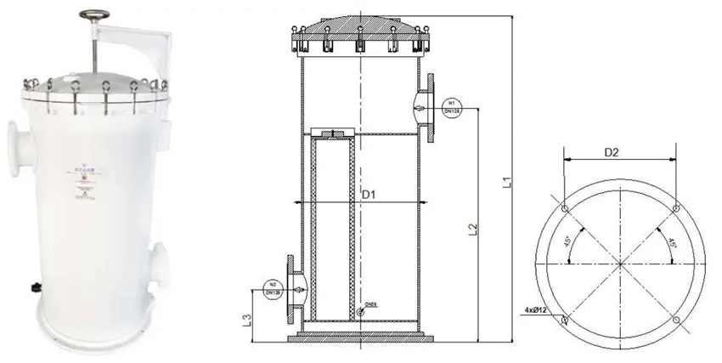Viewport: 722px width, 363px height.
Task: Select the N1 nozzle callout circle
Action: pyautogui.click(x=450, y=111)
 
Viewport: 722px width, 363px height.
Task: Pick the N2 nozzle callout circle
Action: pyautogui.click(x=273, y=288)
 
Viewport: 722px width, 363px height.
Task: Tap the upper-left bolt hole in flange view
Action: pyautogui.click(x=565, y=208)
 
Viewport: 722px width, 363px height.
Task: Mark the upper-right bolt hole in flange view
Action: pyautogui.click(x=675, y=208)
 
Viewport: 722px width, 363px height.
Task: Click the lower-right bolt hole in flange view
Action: pyautogui.click(x=675, y=320)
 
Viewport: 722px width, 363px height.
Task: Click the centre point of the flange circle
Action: pyautogui.click(x=620, y=264)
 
